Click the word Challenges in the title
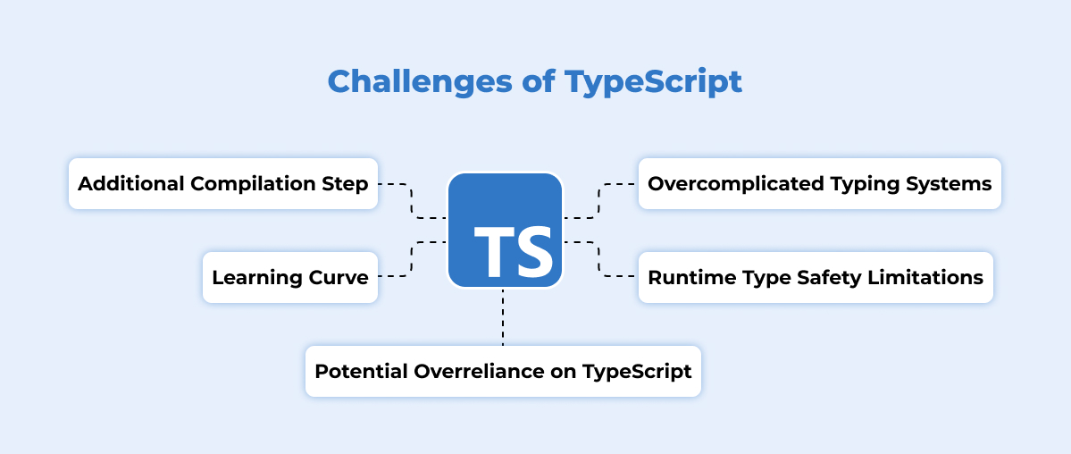click(x=420, y=83)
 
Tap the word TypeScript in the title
click(x=653, y=83)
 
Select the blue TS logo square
click(x=505, y=230)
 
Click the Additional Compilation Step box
click(x=223, y=183)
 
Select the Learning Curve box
click(x=290, y=277)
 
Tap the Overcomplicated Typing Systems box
click(x=820, y=183)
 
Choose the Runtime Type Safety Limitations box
click(x=816, y=277)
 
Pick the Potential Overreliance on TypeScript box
click(x=503, y=371)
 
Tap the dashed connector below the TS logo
click(x=503, y=317)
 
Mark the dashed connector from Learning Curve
click(x=411, y=258)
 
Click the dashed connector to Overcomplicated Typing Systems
click(x=599, y=201)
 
